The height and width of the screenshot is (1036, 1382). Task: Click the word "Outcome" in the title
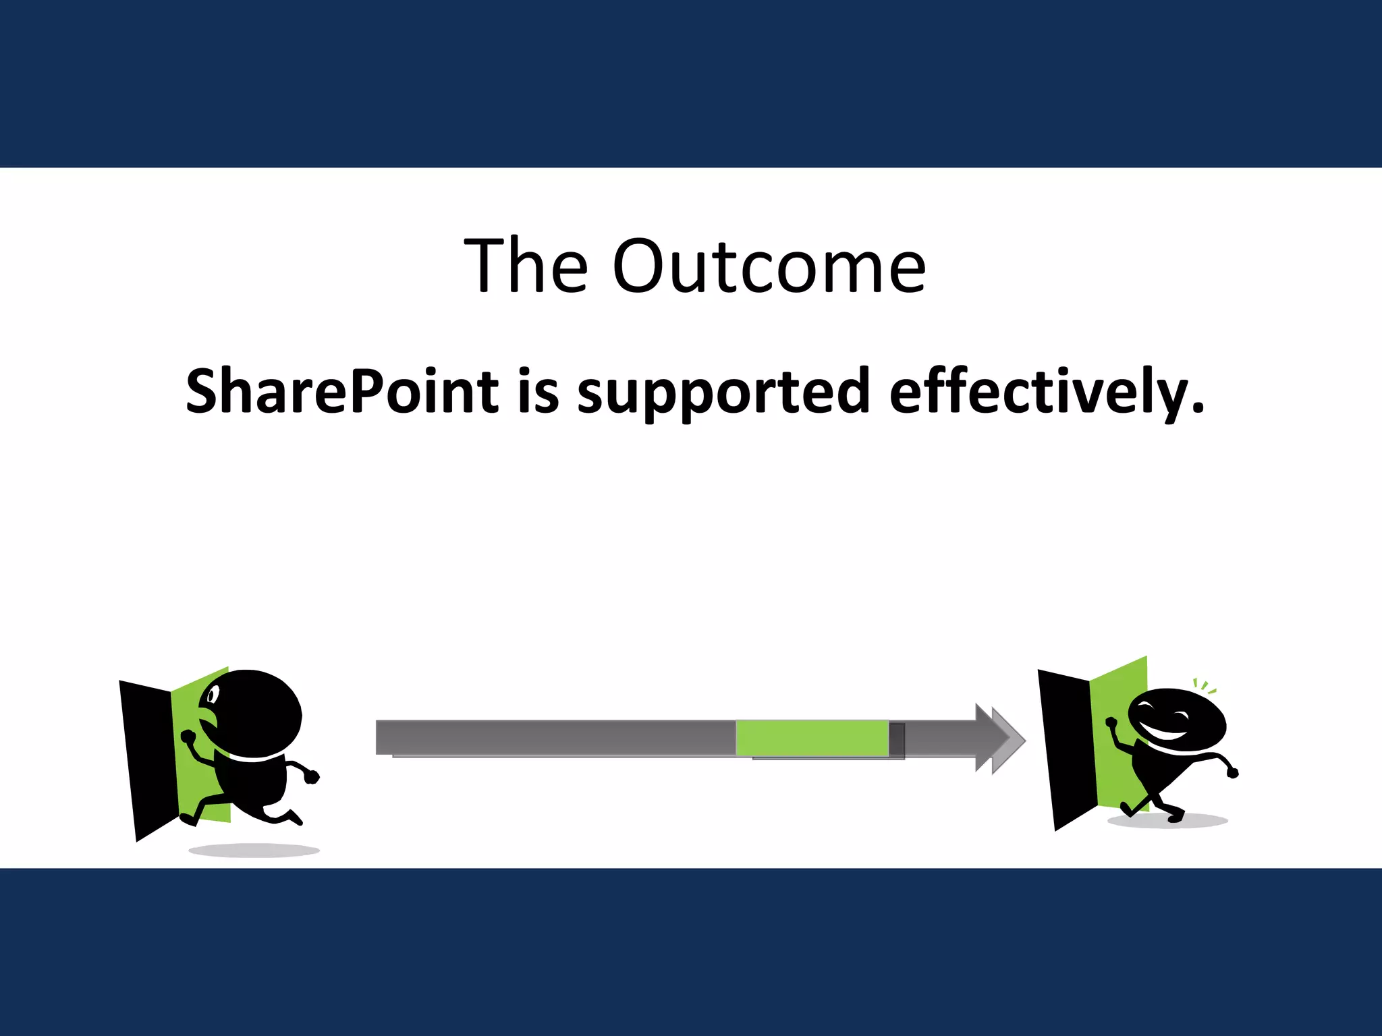pyautogui.click(x=769, y=266)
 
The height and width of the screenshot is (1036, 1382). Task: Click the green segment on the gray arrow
pyautogui.click(x=812, y=738)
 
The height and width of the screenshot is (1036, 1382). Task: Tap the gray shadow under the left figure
pyautogui.click(x=254, y=850)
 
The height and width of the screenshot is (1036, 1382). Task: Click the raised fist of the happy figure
pyautogui.click(x=1111, y=723)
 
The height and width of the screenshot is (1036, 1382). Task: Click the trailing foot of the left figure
pyautogui.click(x=188, y=819)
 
